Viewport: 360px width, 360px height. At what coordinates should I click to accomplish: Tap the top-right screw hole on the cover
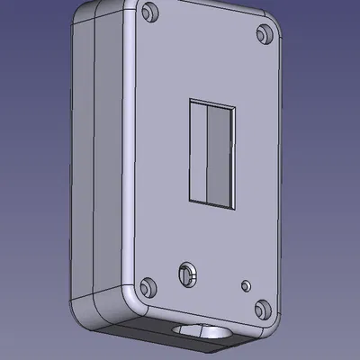click(265, 34)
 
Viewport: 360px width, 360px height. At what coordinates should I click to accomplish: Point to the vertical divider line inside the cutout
click(209, 152)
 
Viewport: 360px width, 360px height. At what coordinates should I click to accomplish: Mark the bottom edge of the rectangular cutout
click(208, 202)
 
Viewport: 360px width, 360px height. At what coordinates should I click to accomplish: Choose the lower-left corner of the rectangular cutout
click(188, 197)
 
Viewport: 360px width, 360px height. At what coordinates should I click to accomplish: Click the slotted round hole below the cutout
click(188, 274)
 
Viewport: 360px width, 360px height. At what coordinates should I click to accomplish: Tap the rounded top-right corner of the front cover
click(275, 27)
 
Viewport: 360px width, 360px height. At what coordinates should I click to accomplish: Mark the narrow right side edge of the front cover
click(282, 180)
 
